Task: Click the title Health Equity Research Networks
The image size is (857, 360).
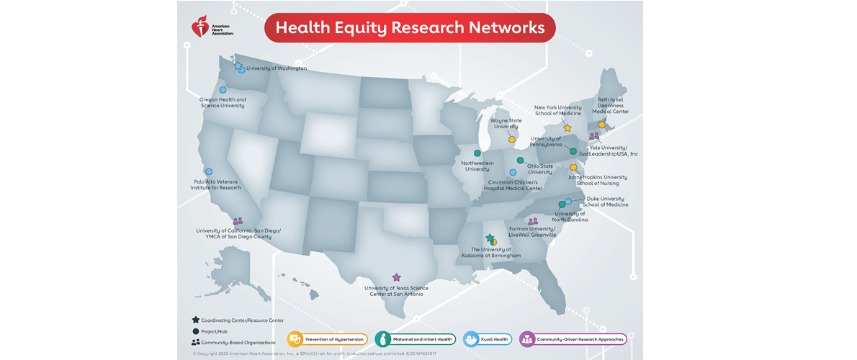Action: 410,28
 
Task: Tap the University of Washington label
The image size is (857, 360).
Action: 277,68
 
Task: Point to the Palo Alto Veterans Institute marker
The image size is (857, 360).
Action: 209,171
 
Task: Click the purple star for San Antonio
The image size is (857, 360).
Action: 396,276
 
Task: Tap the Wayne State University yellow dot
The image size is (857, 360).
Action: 512,139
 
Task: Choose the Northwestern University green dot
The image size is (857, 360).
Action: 477,153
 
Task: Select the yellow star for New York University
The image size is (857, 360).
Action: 567,127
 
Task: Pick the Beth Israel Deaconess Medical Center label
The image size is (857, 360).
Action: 610,106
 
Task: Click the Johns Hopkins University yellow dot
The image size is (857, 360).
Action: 574,167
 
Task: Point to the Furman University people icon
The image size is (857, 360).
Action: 533,222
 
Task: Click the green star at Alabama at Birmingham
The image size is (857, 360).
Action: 490,238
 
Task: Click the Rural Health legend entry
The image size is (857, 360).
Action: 488,339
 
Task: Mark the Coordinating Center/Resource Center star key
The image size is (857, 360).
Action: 196,320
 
